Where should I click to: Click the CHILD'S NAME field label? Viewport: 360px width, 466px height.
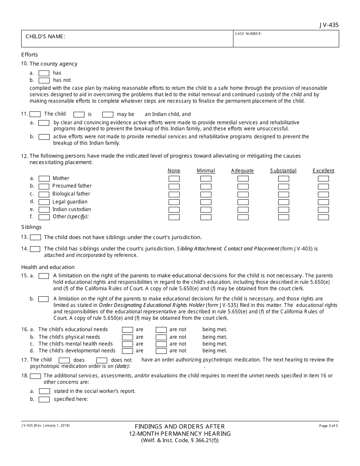pos(45,37)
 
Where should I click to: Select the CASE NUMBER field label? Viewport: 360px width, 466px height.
pos(248,34)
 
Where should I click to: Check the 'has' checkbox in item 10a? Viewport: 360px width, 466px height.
pos(44,73)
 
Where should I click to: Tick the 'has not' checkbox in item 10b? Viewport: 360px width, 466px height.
pos(44,80)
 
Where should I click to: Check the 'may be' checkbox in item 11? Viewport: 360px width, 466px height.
pos(108,114)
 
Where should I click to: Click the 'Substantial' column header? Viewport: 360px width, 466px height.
pos(283,171)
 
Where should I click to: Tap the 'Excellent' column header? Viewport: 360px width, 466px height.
pos(323,171)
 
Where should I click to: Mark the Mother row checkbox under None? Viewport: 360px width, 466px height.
pos(174,178)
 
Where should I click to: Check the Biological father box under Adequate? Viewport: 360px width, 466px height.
pos(243,194)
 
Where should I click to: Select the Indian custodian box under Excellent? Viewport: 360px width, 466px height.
pos(323,210)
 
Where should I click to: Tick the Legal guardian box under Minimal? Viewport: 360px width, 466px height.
pos(206,202)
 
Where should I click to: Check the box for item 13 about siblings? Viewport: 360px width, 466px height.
pos(35,238)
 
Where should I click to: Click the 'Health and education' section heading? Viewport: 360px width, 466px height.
pos(48,267)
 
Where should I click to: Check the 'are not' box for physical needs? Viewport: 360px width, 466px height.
pos(161,337)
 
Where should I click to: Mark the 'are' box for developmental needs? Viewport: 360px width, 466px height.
pos(127,351)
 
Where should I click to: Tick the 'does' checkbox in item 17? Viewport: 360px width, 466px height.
pos(64,360)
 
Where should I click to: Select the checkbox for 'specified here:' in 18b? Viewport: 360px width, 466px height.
pos(44,399)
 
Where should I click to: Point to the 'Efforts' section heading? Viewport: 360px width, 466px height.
pos(30,55)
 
